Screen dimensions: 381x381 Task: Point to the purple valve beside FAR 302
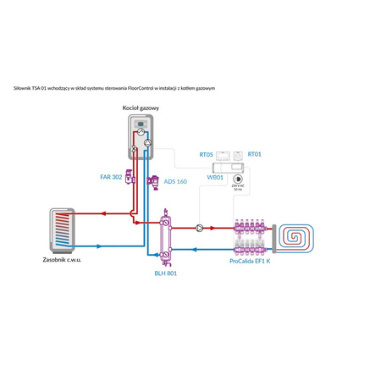point(130,178)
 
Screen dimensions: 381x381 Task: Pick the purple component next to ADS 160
point(154,180)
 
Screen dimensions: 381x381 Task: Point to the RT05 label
point(206,155)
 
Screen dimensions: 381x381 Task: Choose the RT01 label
point(254,155)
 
